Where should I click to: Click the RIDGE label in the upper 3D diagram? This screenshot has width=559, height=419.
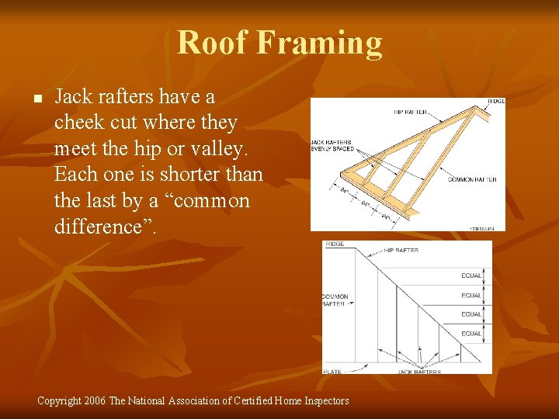(x=495, y=102)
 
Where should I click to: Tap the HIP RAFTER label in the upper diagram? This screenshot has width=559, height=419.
(x=411, y=113)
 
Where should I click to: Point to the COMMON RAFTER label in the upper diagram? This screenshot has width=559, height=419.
(x=472, y=179)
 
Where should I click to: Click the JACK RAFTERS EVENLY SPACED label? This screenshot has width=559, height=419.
(x=332, y=145)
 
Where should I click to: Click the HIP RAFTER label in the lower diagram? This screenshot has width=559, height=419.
(x=401, y=250)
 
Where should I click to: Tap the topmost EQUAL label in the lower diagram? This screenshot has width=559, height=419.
(x=471, y=275)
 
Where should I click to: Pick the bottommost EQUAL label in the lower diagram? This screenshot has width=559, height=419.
(x=471, y=334)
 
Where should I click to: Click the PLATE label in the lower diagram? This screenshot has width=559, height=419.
(x=332, y=372)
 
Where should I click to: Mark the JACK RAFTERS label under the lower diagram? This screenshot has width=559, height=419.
(x=420, y=372)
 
